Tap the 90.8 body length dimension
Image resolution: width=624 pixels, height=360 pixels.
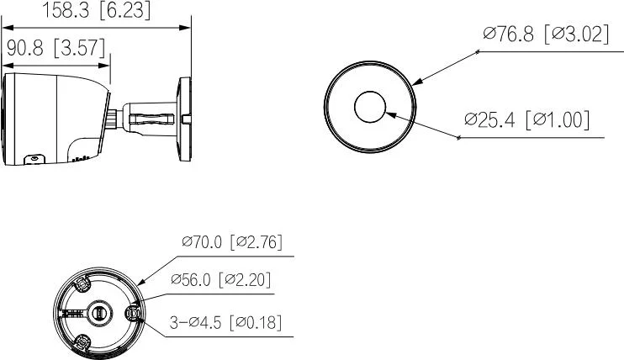pos(26,48)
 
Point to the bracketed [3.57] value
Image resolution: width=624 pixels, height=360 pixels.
pos(82,48)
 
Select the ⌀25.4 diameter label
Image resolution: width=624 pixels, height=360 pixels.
pos(492,119)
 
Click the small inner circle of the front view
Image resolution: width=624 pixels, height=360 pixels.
pos(370,108)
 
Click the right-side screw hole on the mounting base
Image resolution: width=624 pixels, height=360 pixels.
pos(132,313)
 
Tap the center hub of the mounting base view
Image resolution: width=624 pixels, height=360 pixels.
pos(98,312)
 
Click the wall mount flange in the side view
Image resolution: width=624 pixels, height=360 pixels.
pos(184,118)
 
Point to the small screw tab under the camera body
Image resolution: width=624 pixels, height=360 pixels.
pos(35,158)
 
